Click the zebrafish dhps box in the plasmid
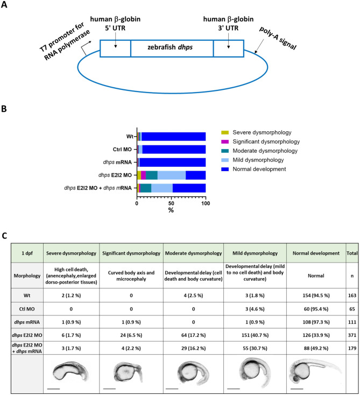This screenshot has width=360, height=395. pos(172,48)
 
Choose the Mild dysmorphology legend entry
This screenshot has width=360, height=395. pos(255,160)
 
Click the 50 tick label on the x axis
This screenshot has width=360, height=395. pos(171,204)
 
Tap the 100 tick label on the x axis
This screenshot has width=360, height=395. pos(205,204)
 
